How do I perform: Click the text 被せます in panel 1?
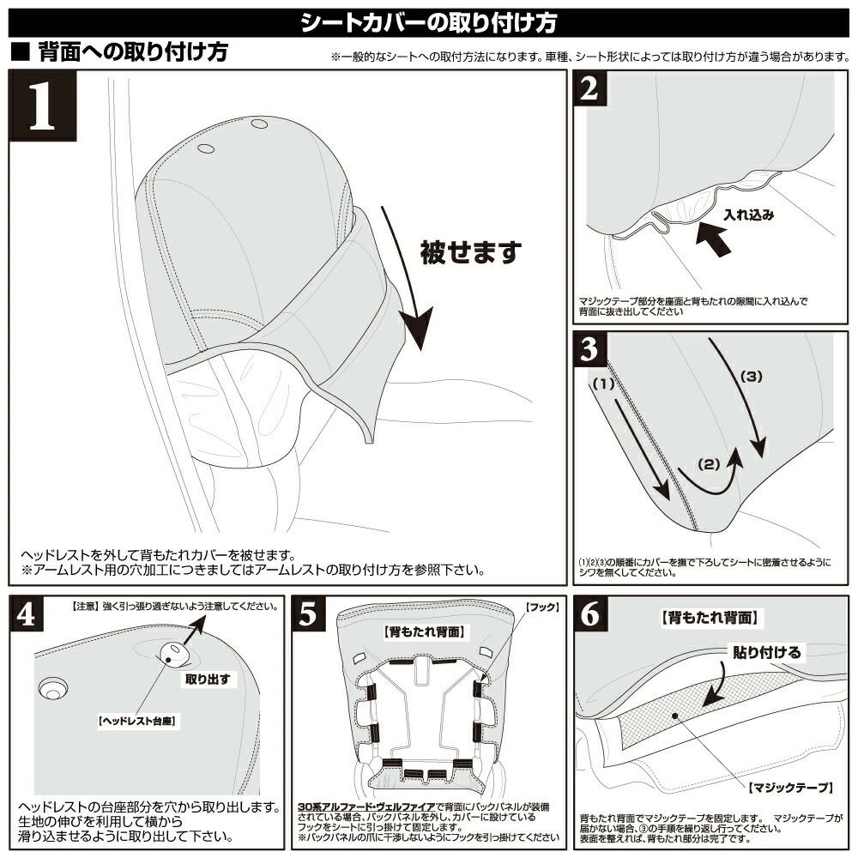pos(471,252)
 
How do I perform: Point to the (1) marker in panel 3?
pos(604,385)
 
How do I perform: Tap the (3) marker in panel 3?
pos(750,376)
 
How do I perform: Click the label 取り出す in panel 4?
pos(208,678)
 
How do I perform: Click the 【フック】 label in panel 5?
pos(542,607)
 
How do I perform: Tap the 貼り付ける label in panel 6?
pos(766,653)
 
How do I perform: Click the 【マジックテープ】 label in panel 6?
pos(789,787)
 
